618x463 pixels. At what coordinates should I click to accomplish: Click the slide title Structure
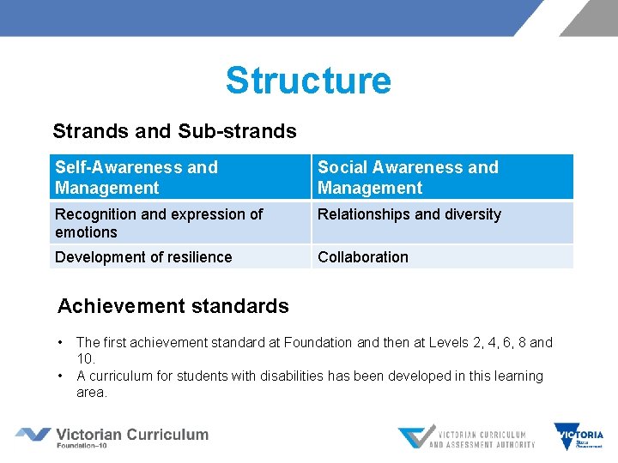(308, 81)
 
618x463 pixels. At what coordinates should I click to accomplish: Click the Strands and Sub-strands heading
(174, 131)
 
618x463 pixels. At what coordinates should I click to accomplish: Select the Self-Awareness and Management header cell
(179, 177)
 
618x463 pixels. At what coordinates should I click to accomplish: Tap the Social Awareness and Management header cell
(442, 177)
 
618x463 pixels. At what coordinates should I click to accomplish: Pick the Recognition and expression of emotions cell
(179, 223)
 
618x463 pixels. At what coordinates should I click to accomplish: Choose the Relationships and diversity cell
(442, 223)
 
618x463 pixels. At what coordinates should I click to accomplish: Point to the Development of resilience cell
(179, 257)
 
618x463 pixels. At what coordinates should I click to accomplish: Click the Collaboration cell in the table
(442, 257)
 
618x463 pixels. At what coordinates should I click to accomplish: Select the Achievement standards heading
(173, 306)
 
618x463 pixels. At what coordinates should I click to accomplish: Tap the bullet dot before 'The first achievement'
(61, 343)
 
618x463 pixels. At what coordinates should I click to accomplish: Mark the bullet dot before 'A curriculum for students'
(61, 376)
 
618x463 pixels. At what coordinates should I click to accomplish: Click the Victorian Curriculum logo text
(131, 436)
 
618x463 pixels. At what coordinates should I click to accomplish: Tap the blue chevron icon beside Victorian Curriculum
(33, 435)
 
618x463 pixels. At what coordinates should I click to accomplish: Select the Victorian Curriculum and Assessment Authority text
(482, 439)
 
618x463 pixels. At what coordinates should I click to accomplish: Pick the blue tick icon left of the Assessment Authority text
(413, 437)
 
